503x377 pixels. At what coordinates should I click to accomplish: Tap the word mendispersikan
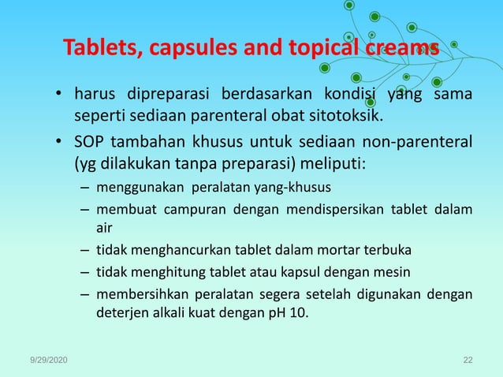(x=340, y=210)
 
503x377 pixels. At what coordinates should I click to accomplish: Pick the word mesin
(x=411, y=274)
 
